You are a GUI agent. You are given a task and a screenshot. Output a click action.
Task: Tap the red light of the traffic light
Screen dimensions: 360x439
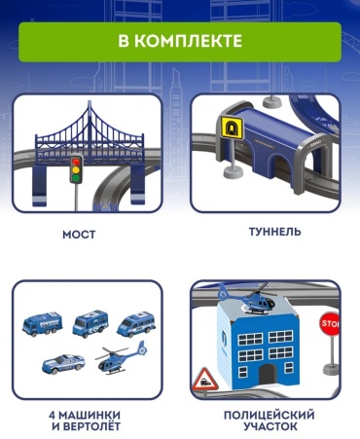(76, 162)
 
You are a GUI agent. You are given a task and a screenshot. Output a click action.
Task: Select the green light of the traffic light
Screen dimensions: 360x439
(76, 177)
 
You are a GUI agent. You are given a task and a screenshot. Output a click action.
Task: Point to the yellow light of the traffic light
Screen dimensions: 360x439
(76, 169)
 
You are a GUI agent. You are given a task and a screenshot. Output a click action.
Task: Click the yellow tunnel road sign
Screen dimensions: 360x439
(233, 128)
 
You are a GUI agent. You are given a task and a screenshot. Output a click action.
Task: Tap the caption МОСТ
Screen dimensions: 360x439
(79, 235)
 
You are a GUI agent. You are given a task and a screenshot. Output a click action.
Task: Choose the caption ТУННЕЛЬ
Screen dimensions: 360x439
(275, 232)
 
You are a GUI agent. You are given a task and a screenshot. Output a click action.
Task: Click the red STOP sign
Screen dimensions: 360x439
(330, 323)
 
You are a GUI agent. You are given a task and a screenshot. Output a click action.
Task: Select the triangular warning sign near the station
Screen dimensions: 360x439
(204, 379)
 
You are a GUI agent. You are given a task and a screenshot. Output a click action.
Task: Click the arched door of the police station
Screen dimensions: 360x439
(268, 374)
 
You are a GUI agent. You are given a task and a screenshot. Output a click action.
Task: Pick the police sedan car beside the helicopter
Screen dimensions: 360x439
(63, 363)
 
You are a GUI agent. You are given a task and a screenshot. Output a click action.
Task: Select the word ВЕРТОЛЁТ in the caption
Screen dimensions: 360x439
(91, 426)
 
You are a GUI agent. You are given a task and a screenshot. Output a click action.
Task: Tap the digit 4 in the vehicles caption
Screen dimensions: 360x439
(53, 415)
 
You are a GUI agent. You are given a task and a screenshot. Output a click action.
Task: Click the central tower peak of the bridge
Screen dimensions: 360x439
(90, 103)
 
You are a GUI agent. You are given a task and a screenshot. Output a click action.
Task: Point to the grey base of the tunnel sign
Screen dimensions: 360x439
(233, 172)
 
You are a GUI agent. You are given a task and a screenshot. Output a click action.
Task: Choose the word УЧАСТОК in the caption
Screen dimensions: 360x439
(270, 426)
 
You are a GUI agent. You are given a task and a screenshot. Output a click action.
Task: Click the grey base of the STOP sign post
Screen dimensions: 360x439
(331, 369)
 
